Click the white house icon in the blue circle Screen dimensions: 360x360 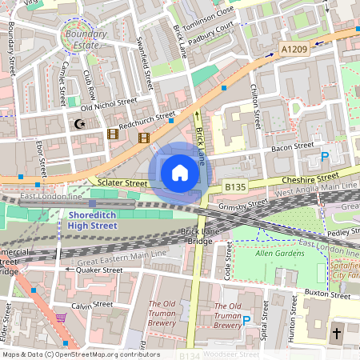pos(180,172)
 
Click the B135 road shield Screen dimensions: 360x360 pos(234,186)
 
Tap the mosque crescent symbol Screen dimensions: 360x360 pos(78,124)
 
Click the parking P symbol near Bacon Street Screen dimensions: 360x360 pos(325,157)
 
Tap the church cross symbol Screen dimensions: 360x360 pos(337,332)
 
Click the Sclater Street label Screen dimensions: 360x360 pos(122,183)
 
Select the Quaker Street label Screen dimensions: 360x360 pos(98,270)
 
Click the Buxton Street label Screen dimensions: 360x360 pos(328,295)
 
